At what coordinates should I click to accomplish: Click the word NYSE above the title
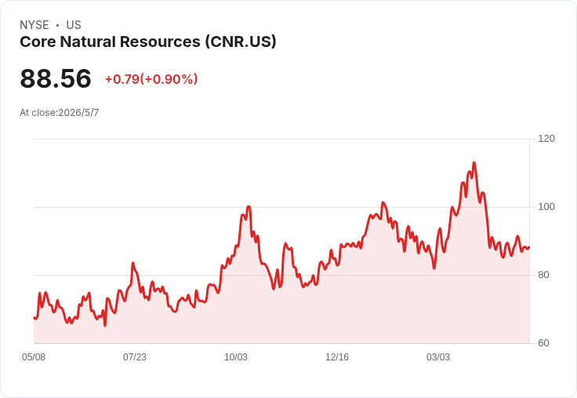[x=34, y=25]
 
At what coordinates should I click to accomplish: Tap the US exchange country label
[x=74, y=25]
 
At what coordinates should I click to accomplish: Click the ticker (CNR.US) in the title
[x=241, y=42]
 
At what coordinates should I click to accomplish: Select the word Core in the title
[x=37, y=42]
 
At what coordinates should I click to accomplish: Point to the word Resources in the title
[x=160, y=42]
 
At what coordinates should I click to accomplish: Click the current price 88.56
[x=56, y=78]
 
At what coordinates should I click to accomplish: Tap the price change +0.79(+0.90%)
[x=151, y=79]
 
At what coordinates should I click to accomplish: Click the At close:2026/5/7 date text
[x=60, y=113]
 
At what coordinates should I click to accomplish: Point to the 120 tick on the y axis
[x=546, y=139]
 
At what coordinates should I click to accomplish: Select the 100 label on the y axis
[x=546, y=207]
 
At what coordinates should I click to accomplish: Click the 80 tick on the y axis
[x=543, y=275]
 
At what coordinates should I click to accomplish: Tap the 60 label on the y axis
[x=543, y=343]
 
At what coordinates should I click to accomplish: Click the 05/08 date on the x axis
[x=34, y=357]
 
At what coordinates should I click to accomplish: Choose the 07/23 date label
[x=135, y=357]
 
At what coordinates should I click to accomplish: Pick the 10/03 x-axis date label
[x=236, y=357]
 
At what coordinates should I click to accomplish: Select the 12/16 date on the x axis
[x=337, y=357]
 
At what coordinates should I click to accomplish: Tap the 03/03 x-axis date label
[x=438, y=357]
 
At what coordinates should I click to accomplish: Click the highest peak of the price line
[x=474, y=163]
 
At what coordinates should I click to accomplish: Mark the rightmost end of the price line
[x=529, y=248]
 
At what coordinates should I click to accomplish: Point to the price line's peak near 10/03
[x=249, y=207]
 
